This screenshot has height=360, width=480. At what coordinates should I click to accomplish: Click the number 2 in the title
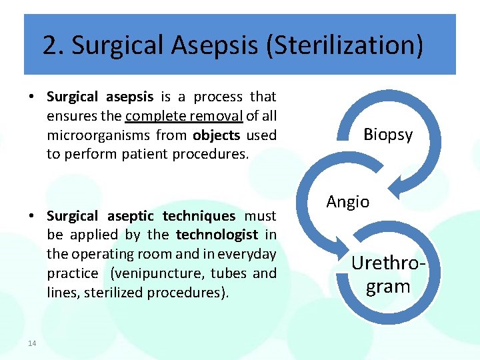tap(49, 45)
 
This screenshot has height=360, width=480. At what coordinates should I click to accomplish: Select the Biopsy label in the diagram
tap(388, 135)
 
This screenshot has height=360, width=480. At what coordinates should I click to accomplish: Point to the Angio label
tap(348, 201)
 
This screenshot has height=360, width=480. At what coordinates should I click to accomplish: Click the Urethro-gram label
tap(389, 274)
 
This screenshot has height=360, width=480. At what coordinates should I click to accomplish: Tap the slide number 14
tap(32, 343)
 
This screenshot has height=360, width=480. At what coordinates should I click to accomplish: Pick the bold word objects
tap(217, 135)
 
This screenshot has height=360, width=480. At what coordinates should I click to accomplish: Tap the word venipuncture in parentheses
tap(159, 273)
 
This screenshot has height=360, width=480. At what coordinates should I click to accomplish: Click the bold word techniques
tap(199, 216)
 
